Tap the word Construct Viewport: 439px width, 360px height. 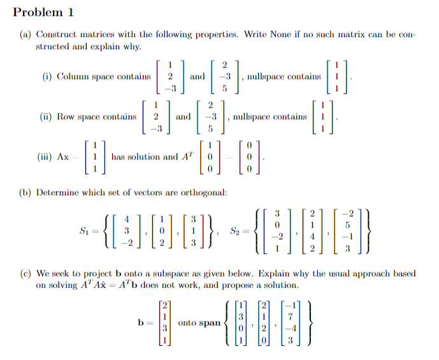56,34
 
